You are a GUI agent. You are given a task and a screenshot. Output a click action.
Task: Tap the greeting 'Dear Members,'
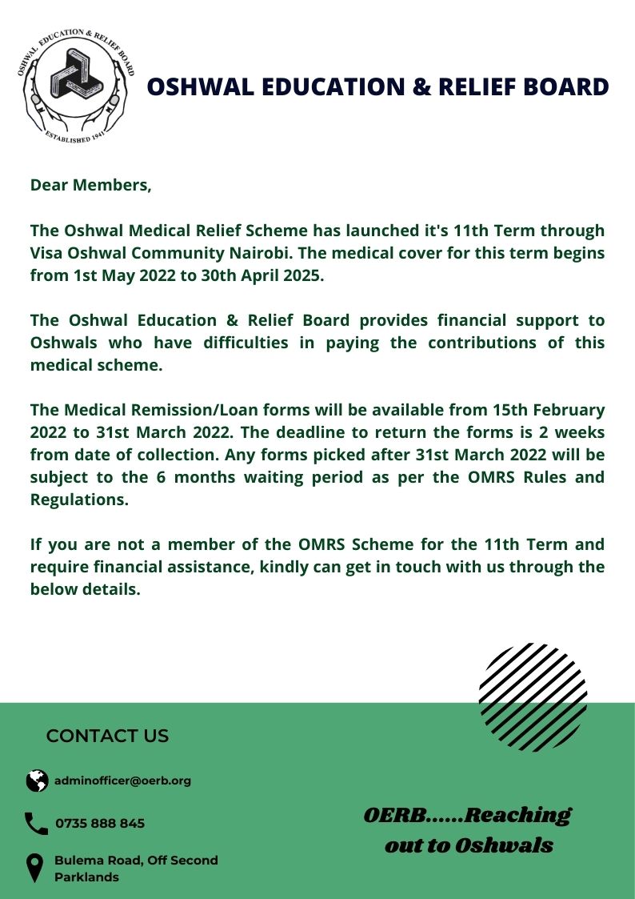[x=90, y=186]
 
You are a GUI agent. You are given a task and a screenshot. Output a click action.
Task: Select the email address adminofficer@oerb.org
[x=122, y=781]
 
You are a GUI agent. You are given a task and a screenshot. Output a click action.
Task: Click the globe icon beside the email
[x=37, y=781]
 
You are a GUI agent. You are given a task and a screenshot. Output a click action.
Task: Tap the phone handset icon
[x=36, y=824]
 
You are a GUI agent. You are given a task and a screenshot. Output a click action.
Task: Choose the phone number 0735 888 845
[x=100, y=824]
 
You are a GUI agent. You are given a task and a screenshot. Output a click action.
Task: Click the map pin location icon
[x=35, y=868]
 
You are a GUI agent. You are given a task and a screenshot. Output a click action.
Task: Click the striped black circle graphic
[x=533, y=696]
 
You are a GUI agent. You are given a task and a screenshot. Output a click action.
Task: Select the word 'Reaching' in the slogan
[x=517, y=816]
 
